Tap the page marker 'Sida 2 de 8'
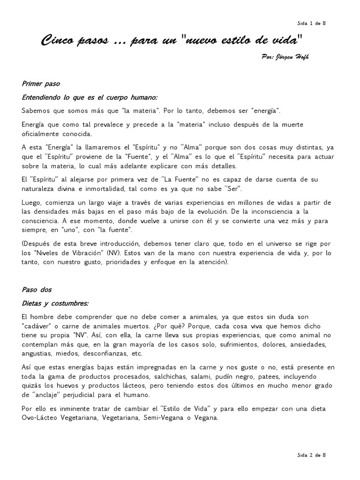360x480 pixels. click(x=311, y=454)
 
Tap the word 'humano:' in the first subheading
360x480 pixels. click(x=144, y=97)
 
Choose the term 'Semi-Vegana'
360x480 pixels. click(x=162, y=417)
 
